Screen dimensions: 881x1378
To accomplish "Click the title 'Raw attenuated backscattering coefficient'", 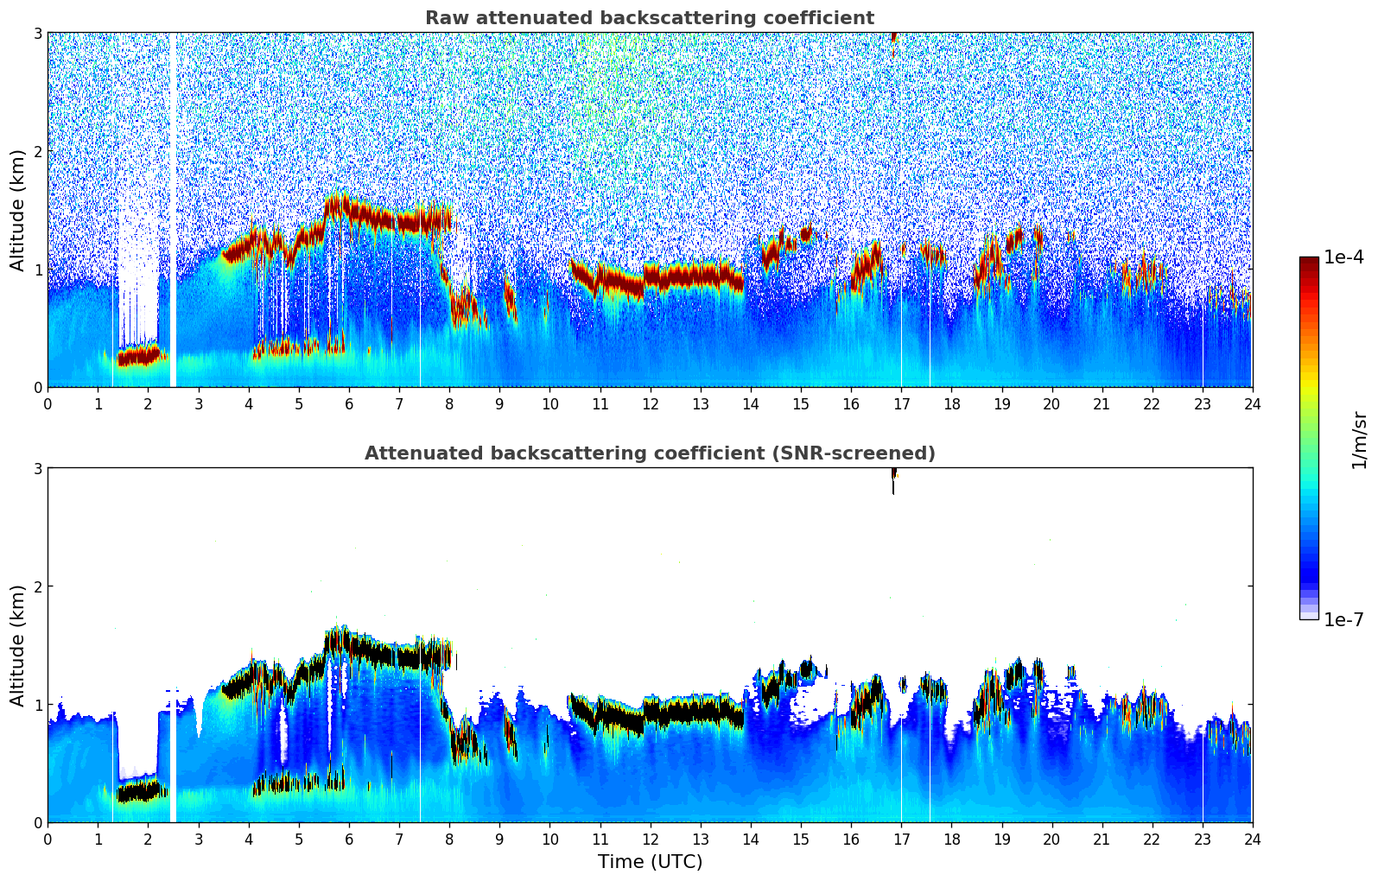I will pyautogui.click(x=649, y=18).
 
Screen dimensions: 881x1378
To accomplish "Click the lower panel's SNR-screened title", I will pyautogui.click(x=649, y=453).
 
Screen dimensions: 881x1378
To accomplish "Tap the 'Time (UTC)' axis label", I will pyautogui.click(x=650, y=862).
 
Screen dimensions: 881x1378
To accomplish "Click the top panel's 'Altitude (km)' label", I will pyautogui.click(x=17, y=210).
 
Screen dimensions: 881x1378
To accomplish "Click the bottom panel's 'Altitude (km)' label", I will pyautogui.click(x=17, y=645).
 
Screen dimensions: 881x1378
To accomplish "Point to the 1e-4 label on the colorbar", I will pyautogui.click(x=1343, y=257).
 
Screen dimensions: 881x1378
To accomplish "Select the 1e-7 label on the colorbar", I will pyautogui.click(x=1343, y=619).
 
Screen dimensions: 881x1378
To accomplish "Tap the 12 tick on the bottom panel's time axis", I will pyautogui.click(x=650, y=839).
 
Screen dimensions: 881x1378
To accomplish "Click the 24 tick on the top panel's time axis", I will pyautogui.click(x=1252, y=403).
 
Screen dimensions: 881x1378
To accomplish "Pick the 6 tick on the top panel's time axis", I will pyautogui.click(x=349, y=403).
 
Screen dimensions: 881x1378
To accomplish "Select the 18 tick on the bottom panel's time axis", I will pyautogui.click(x=951, y=839).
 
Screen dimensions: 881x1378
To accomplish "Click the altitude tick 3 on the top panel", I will pyautogui.click(x=38, y=33).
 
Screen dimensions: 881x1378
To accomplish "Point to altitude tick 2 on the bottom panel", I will pyautogui.click(x=38, y=586).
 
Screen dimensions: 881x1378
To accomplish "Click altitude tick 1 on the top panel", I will pyautogui.click(x=38, y=269).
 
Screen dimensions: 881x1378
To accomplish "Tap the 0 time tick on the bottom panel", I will pyautogui.click(x=48, y=839).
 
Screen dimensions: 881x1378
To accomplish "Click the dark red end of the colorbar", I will pyautogui.click(x=1309, y=261).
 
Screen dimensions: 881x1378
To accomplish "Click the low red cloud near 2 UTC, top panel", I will pyautogui.click(x=140, y=355).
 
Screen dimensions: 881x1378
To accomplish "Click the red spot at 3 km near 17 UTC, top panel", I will pyautogui.click(x=893, y=36).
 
